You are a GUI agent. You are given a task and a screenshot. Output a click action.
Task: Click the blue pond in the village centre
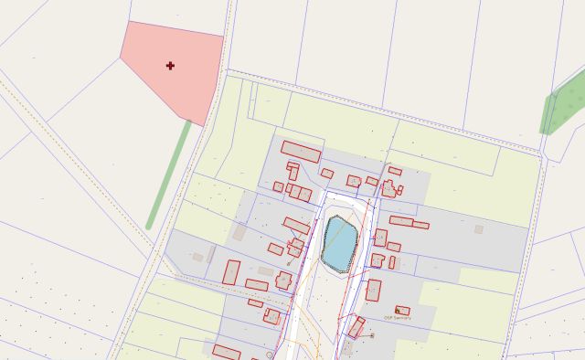pos(338,243)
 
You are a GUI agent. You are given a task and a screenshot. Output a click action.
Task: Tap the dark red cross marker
pos(171,66)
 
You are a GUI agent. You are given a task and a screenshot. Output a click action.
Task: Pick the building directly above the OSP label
pos(402,311)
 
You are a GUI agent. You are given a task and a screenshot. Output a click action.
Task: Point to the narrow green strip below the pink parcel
pos(170,174)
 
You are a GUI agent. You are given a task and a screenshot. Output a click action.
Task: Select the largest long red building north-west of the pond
pos(301,152)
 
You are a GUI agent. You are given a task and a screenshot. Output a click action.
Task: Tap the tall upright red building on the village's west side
pos(231,272)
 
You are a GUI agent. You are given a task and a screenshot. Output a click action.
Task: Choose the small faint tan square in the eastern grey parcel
pos(479,229)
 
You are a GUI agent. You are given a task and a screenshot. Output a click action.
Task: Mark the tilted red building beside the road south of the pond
pos(356,327)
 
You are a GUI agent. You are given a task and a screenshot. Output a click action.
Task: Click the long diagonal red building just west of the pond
pos(296,225)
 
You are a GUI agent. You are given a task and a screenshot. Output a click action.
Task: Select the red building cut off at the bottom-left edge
pos(226,352)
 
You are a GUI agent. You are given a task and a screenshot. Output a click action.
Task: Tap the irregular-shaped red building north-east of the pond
pos(388,189)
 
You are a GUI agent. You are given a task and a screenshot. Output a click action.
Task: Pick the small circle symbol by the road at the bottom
pos(270,354)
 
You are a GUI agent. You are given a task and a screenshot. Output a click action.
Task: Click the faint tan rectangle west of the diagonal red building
pos(239,232)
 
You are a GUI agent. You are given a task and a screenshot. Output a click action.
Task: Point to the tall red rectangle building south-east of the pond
pos(373,291)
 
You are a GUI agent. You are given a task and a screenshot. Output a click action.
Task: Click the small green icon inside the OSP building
pos(398,310)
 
